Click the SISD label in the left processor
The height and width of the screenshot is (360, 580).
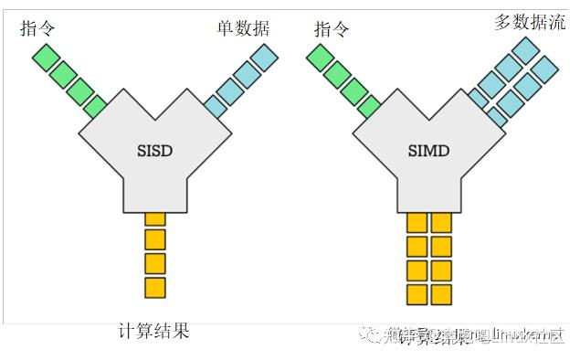point(154,150)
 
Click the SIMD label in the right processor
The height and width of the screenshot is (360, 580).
point(428,150)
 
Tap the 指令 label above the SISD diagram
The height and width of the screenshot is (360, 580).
point(37,28)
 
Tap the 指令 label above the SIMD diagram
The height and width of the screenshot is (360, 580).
point(332,28)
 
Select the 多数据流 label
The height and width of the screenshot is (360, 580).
point(530,22)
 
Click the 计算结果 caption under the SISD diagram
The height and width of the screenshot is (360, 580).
point(154,331)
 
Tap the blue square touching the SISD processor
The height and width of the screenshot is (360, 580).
point(215,107)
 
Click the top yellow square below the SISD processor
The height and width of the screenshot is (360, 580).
point(155,218)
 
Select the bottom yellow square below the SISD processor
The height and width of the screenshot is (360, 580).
point(155,287)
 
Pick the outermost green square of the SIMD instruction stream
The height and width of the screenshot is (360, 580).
point(319,58)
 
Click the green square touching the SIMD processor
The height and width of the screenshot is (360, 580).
point(370,108)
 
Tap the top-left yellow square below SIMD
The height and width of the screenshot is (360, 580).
point(417,222)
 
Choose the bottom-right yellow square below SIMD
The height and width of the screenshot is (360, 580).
point(442,294)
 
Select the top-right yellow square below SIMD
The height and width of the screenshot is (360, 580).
point(442,222)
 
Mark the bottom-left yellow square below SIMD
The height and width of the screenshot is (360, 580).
point(417,294)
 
